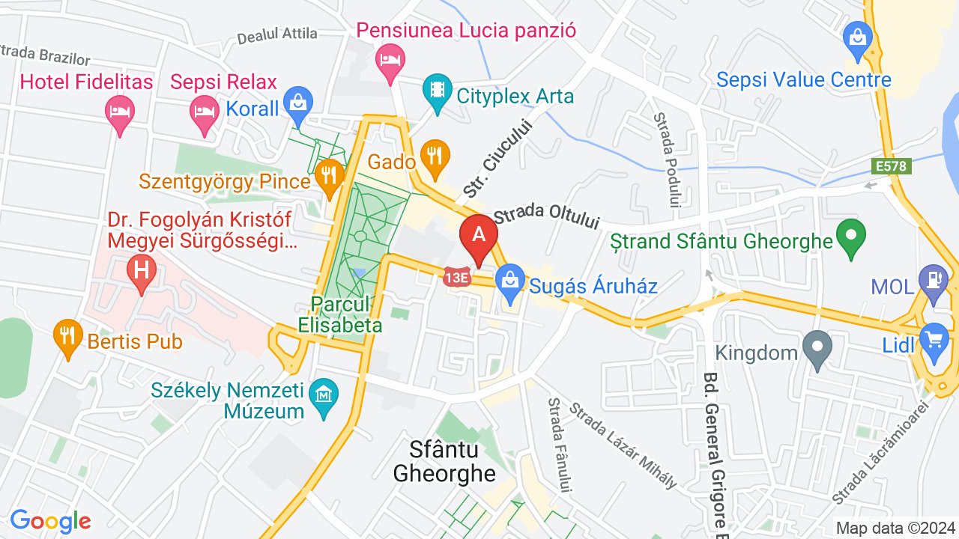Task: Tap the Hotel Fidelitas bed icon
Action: click(119, 112)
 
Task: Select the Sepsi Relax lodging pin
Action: click(204, 112)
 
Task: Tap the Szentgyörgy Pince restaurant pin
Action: click(328, 177)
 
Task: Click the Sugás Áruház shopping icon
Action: click(509, 281)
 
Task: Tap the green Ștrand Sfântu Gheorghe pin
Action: click(850, 235)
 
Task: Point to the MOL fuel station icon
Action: click(933, 281)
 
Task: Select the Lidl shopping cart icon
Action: click(934, 340)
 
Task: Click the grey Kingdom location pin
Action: click(817, 347)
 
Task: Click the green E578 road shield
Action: click(892, 166)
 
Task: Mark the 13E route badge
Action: click(456, 276)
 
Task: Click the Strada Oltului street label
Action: click(547, 217)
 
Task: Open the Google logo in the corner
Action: click(50, 521)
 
